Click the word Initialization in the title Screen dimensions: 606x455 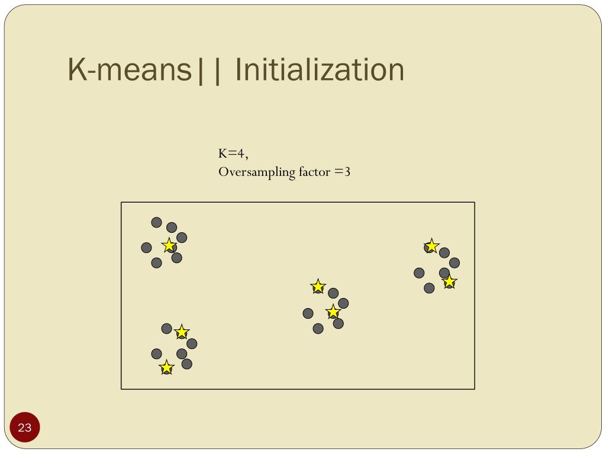320,70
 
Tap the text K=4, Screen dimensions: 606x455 233,153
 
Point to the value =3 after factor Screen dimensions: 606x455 343,172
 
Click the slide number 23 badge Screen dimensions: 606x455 24,427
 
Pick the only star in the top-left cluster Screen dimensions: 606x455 169,245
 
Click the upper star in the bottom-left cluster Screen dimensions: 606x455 182,332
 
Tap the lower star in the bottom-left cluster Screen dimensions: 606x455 167,368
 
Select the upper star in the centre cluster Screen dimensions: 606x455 318,287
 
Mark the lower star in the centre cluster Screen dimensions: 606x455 333,312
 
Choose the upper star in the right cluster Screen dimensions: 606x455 431,245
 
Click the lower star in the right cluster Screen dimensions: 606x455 450,282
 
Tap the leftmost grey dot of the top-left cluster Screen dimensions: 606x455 146,248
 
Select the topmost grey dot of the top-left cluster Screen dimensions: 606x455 156,222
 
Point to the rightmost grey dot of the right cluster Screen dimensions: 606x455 454,262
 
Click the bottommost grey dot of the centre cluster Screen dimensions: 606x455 318,328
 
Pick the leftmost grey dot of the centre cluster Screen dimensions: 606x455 308,313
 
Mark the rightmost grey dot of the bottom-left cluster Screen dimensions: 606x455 192,344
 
